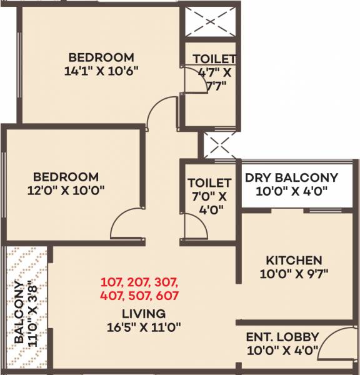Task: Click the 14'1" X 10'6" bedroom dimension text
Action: (102, 71)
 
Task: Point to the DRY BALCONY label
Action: (291, 177)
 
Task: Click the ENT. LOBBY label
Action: (283, 336)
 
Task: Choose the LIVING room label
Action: (144, 313)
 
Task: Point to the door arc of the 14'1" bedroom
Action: (156, 112)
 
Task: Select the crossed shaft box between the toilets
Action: (219, 144)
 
